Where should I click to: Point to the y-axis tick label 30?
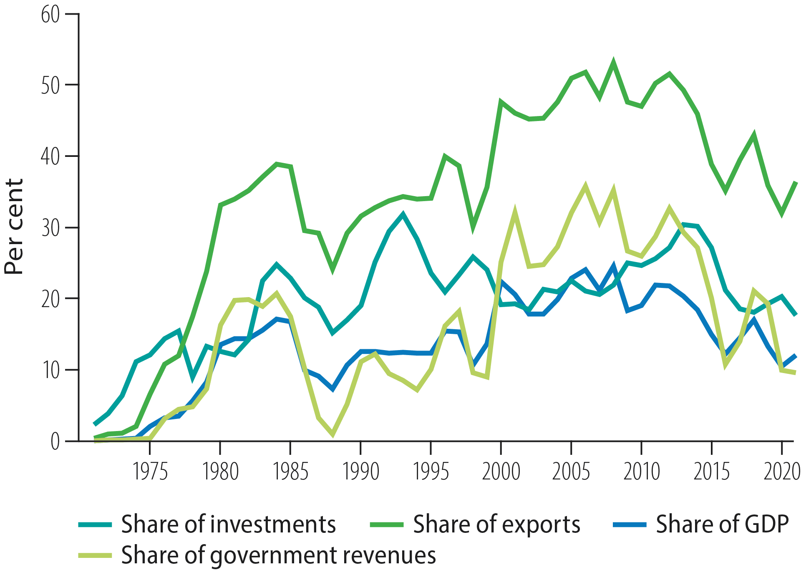click(x=50, y=228)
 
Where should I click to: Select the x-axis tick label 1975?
click(x=150, y=472)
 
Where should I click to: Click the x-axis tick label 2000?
click(x=501, y=472)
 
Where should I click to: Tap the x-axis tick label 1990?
click(x=360, y=472)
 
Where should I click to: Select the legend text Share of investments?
click(x=228, y=524)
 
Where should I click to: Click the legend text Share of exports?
click(x=496, y=524)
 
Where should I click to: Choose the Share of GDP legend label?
click(x=722, y=524)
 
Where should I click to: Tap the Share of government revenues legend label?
click(x=278, y=555)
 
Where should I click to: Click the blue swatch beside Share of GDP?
click(x=630, y=525)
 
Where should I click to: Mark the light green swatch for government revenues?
click(x=95, y=556)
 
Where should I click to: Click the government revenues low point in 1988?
click(x=332, y=434)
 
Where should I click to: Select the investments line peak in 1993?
click(x=403, y=214)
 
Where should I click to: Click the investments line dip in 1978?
click(x=192, y=379)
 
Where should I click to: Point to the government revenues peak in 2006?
click(x=585, y=185)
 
